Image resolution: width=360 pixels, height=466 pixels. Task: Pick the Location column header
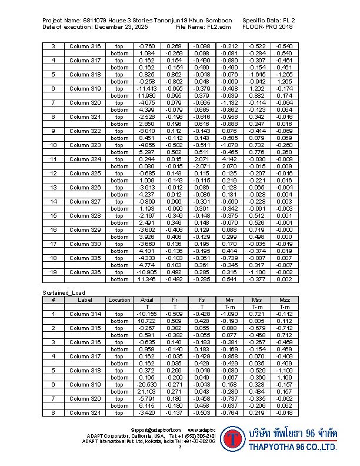(119, 299)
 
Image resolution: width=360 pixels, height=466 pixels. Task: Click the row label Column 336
(85, 272)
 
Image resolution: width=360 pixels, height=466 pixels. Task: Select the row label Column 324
(85, 159)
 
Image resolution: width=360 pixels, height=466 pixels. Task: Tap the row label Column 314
(85, 314)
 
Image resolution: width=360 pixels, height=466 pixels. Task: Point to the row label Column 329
(85, 230)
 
